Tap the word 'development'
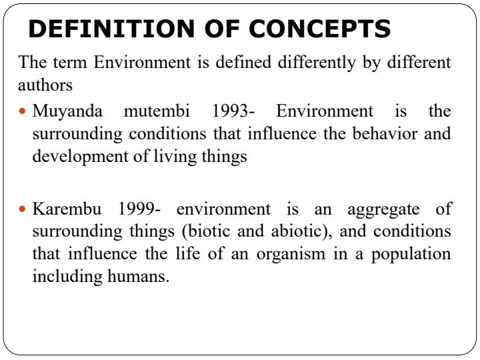(x=73, y=156)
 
